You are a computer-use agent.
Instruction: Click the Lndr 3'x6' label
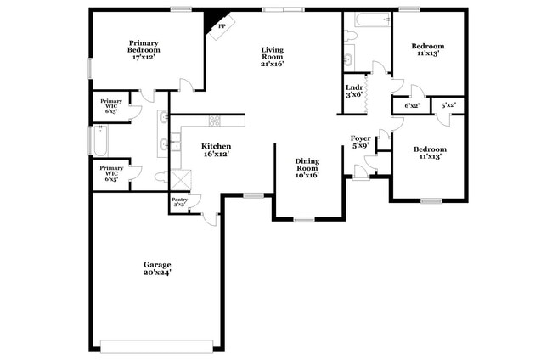pos(354,90)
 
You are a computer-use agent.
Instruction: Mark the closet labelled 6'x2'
pos(411,105)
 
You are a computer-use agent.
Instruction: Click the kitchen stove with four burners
pos(215,121)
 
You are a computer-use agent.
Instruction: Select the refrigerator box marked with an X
pos(182,180)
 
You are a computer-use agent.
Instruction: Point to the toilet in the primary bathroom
pos(161,177)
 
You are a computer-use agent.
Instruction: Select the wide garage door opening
pos(156,346)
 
